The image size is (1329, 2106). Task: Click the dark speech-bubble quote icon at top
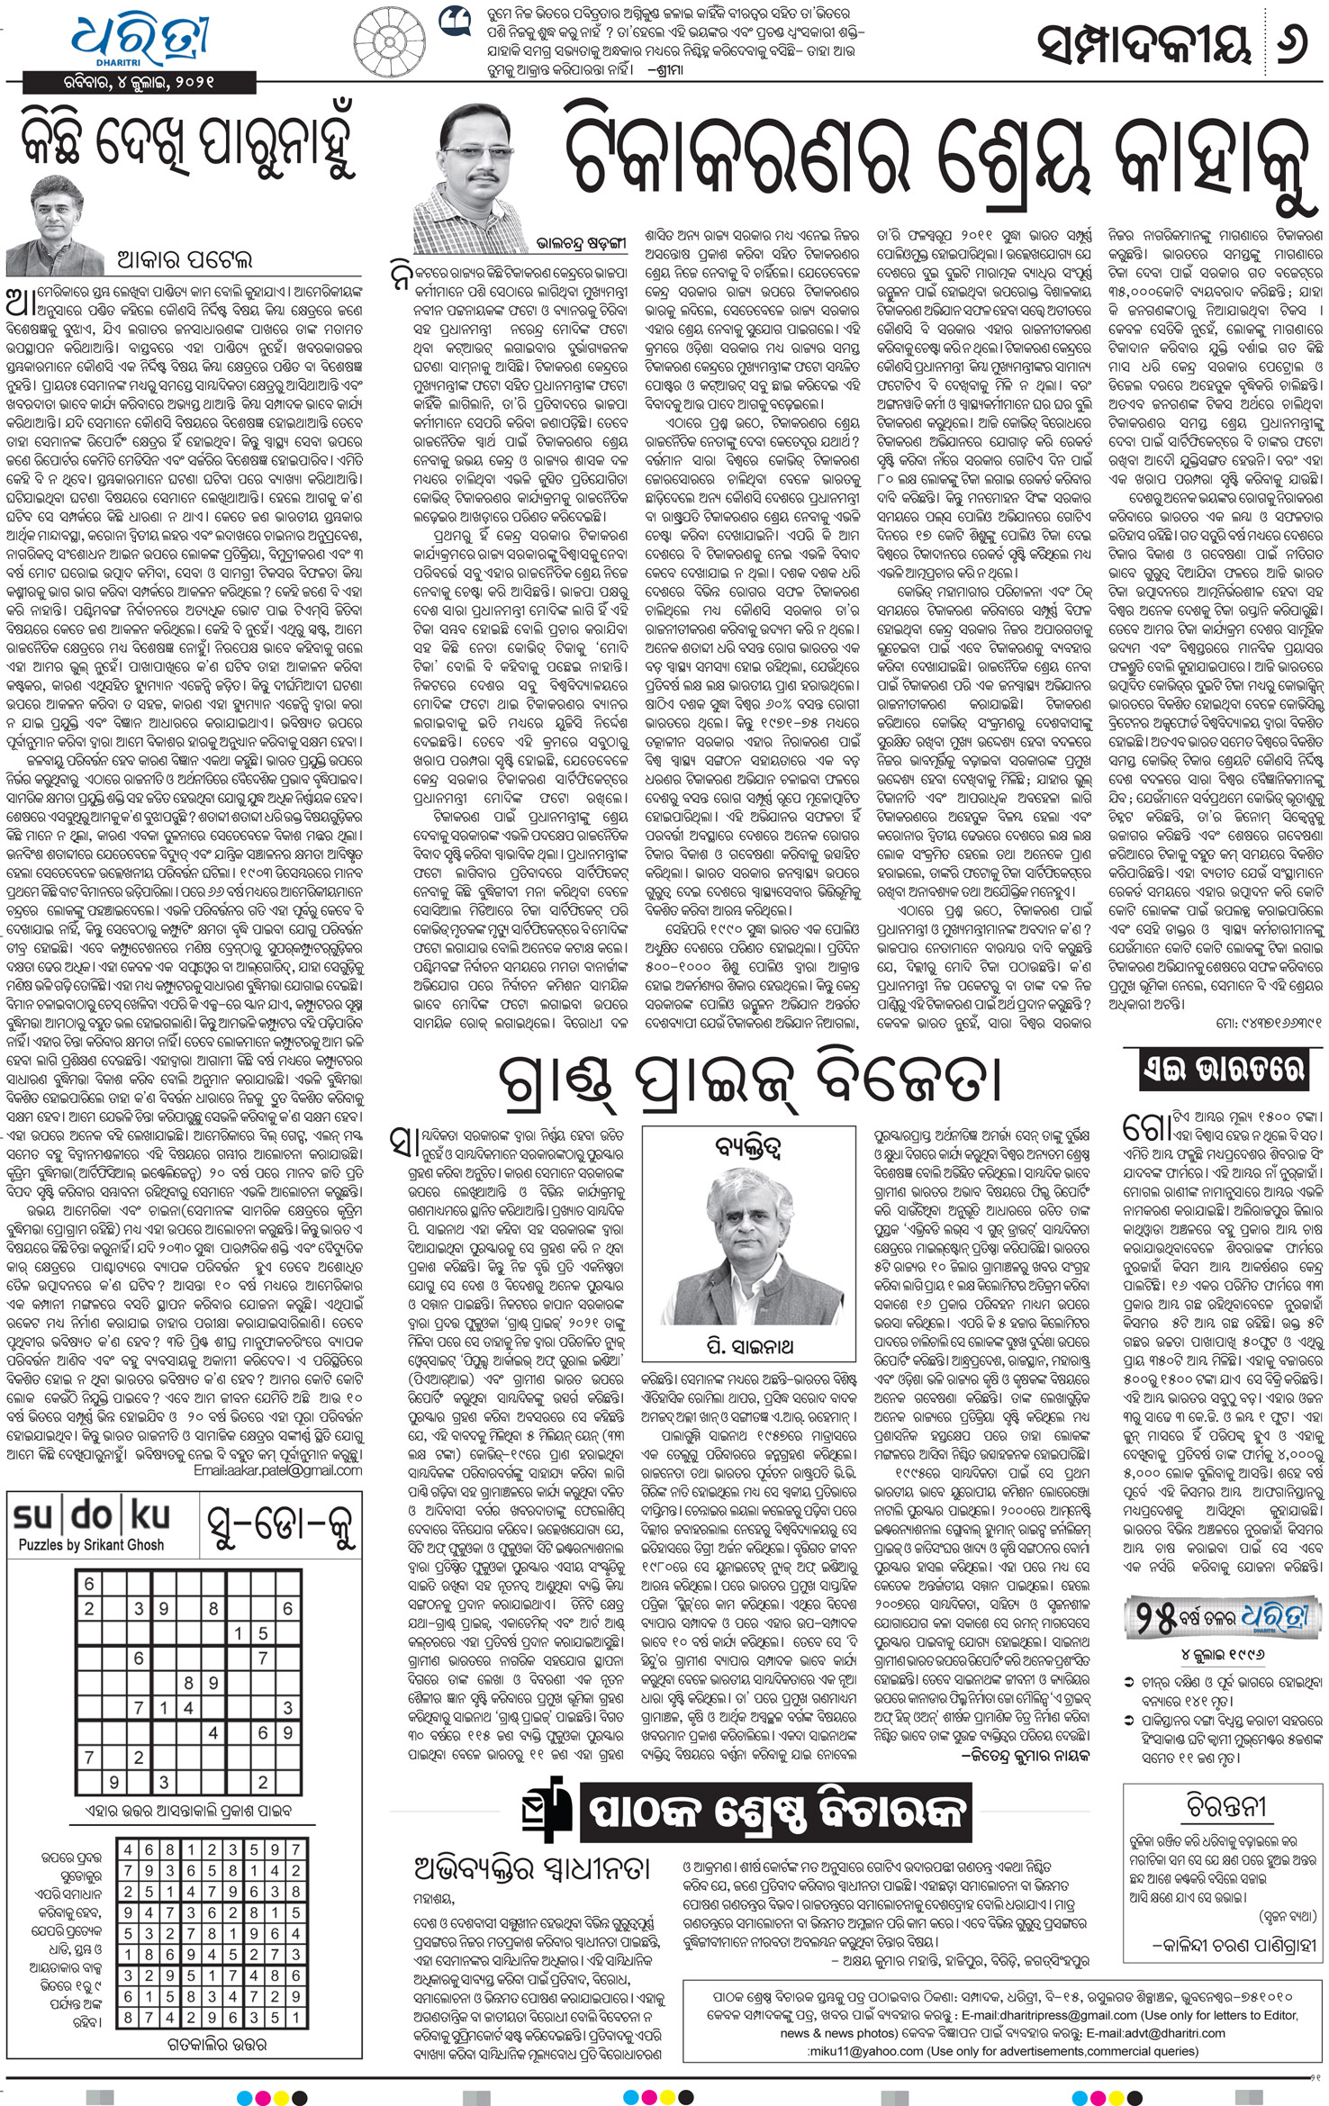pyautogui.click(x=452, y=20)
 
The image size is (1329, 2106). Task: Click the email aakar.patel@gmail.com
pyautogui.click(x=277, y=1469)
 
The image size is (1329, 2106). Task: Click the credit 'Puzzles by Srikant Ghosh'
pyautogui.click(x=91, y=1545)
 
